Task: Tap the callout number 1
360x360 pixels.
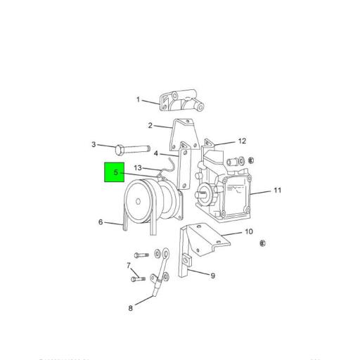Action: click(x=139, y=100)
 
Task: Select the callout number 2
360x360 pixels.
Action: click(x=150, y=126)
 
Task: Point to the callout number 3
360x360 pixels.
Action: click(x=94, y=145)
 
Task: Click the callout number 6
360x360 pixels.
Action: click(x=101, y=222)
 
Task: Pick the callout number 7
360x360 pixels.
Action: click(x=129, y=266)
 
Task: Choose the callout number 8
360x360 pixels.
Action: click(x=130, y=307)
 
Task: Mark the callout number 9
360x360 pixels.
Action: click(x=213, y=275)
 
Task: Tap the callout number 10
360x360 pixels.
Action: click(x=248, y=231)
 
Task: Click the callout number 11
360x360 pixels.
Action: click(x=277, y=190)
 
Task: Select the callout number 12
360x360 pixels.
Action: click(x=242, y=141)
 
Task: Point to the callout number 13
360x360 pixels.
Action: click(x=139, y=168)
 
